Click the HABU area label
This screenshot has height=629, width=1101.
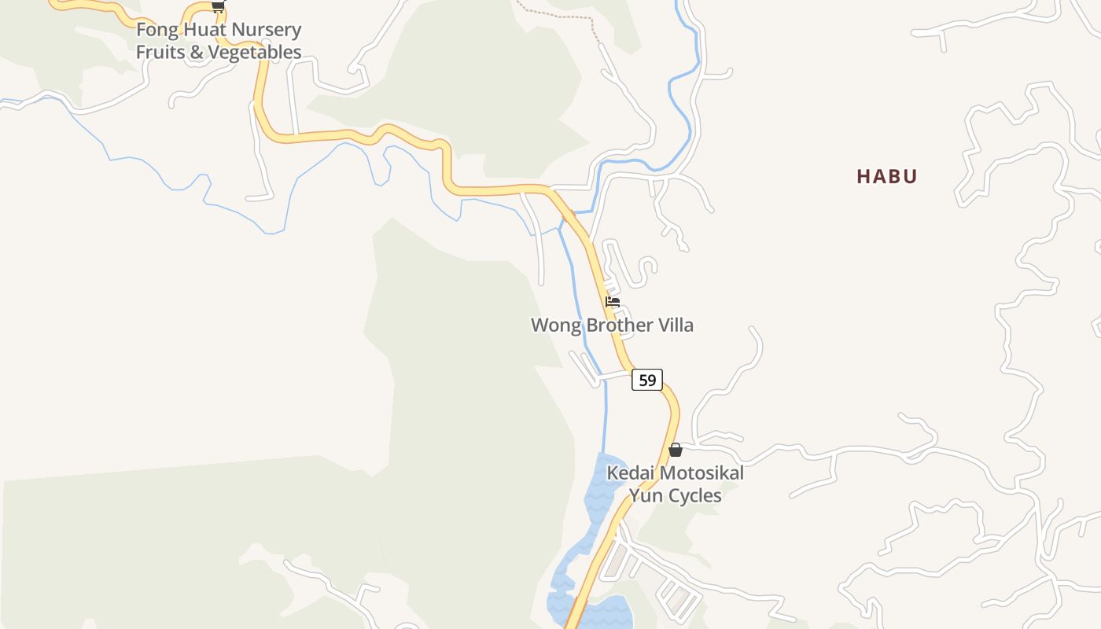(886, 176)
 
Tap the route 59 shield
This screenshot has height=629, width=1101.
(646, 381)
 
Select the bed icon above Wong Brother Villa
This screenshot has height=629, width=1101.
(613, 302)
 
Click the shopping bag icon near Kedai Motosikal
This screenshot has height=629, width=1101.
(675, 450)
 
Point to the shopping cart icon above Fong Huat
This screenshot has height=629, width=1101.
(218, 6)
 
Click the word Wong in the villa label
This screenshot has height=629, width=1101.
(553, 326)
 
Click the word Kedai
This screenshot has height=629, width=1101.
(629, 473)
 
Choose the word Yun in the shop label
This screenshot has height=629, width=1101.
(642, 495)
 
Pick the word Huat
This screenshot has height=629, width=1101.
(201, 31)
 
